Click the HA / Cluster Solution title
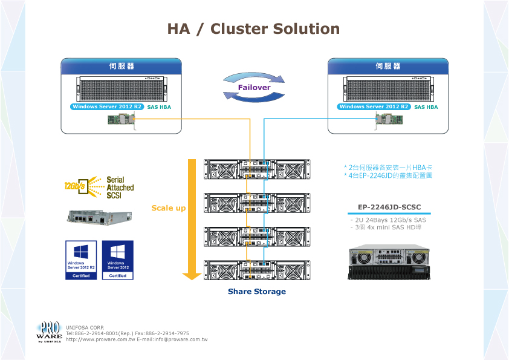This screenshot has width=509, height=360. [253, 29]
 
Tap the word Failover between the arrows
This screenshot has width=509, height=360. [254, 87]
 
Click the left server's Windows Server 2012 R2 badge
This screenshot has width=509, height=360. [106, 107]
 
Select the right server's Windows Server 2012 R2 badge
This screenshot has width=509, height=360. [374, 107]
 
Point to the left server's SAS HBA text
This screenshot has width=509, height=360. [159, 107]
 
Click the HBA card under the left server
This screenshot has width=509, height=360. [122, 120]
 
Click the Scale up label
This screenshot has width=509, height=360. [169, 208]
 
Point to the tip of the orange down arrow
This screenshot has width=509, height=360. [192, 278]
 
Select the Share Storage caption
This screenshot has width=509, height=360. [257, 292]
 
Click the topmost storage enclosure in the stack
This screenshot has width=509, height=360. [257, 169]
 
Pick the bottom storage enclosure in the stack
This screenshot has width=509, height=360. [257, 270]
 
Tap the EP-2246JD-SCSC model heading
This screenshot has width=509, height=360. [389, 208]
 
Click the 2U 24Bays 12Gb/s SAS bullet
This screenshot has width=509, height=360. [389, 220]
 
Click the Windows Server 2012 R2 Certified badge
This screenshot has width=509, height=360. [81, 260]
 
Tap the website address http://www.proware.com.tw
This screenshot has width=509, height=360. [100, 339]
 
